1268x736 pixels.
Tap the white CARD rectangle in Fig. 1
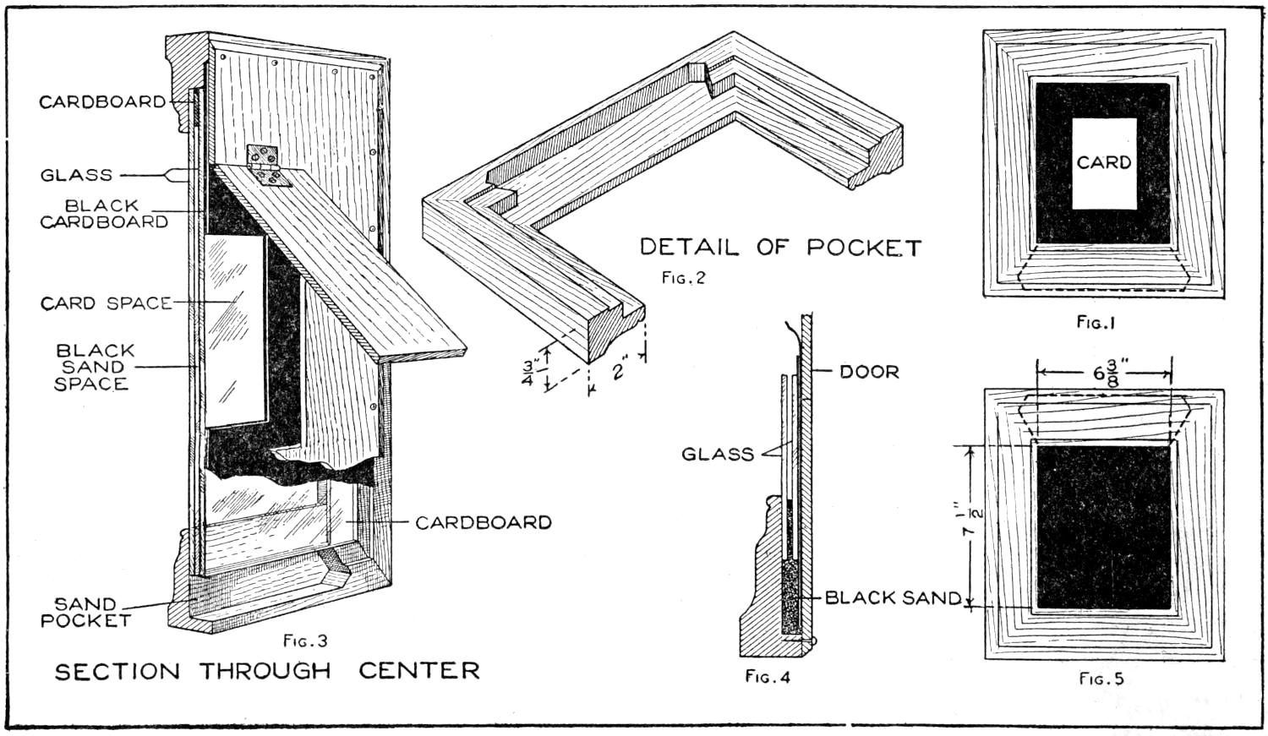point(1104,163)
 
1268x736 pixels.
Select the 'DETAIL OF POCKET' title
point(779,248)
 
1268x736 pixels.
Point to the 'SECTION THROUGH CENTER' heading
point(267,671)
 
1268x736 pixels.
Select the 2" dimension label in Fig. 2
point(622,369)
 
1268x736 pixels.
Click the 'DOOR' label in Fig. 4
point(869,372)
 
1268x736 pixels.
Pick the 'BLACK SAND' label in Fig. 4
point(893,598)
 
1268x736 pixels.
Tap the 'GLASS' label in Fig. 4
point(718,455)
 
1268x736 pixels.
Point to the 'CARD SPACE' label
point(106,303)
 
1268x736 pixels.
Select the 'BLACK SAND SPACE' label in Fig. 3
point(93,367)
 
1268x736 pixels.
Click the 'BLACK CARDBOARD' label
point(103,214)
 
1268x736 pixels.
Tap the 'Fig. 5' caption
point(1101,678)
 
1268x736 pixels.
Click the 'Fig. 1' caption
point(1096,322)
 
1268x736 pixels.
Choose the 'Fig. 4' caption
point(768,676)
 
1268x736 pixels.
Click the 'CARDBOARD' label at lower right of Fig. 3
point(483,523)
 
